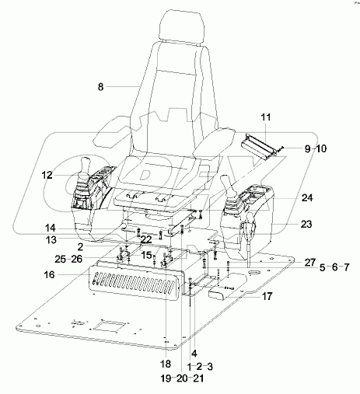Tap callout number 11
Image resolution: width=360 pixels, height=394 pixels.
click(x=265, y=117)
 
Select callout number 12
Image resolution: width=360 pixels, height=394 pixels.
click(x=47, y=176)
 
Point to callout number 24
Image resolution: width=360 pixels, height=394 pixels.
click(x=306, y=197)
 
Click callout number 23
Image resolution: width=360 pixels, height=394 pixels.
click(x=306, y=224)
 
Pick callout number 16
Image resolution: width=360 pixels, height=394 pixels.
click(x=48, y=275)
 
